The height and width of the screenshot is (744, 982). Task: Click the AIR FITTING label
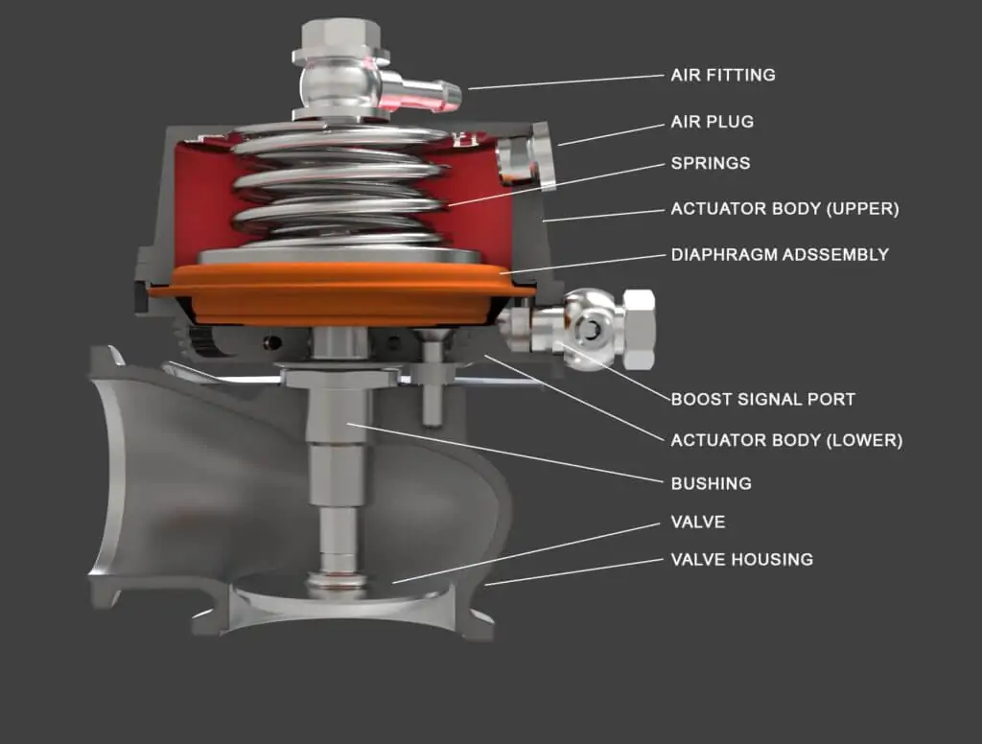(722, 75)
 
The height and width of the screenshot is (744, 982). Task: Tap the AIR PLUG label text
(712, 122)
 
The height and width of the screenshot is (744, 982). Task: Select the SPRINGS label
(711, 164)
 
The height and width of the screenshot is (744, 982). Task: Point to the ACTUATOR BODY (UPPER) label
(784, 209)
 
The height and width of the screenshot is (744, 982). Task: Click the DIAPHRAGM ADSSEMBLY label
(780, 255)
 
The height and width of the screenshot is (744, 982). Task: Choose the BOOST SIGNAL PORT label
(762, 399)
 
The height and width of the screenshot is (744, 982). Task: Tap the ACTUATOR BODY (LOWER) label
(786, 441)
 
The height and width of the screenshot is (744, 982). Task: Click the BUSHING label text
(711, 483)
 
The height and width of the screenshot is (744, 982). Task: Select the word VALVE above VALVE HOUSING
(697, 523)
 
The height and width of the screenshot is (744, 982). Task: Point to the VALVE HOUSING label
(741, 559)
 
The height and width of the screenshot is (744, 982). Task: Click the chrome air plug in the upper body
(525, 161)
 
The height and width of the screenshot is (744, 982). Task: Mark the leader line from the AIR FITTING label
(566, 81)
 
